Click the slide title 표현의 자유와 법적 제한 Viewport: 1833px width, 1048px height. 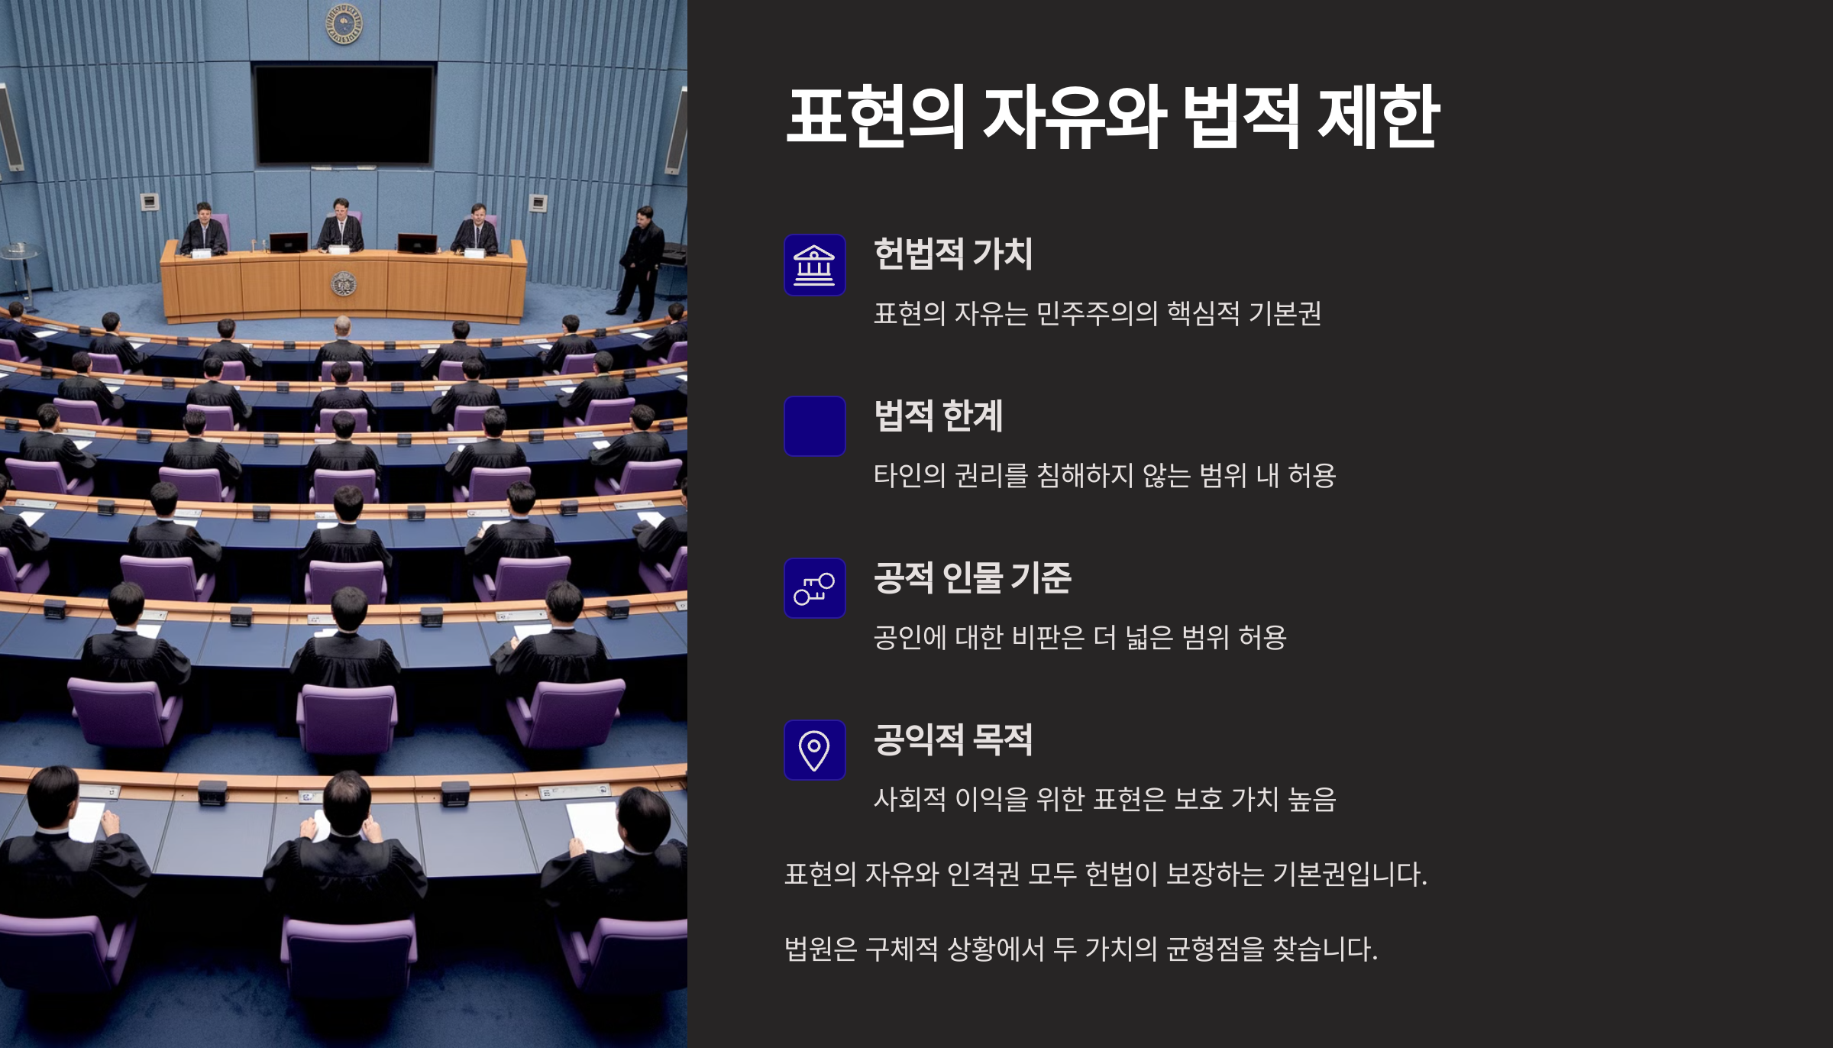1113,117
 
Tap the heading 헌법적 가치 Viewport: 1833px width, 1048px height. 953,254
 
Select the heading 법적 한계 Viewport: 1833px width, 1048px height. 938,416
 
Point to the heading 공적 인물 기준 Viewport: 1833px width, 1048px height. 972,577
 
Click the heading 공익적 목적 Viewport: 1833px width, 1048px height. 953,739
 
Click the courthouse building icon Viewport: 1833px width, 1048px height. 814,264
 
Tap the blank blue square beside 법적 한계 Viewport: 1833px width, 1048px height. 814,426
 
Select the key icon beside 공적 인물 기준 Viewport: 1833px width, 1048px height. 814,588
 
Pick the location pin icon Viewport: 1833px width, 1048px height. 814,750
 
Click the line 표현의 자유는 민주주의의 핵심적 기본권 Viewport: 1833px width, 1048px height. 1098,313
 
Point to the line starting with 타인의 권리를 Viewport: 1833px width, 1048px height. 1104,475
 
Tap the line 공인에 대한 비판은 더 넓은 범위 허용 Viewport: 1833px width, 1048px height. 1080,637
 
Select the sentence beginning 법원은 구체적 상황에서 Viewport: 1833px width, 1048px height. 1081,949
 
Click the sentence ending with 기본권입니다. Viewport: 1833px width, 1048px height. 1106,874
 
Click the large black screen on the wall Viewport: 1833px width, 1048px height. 344,115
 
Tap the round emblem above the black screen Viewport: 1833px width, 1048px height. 344,24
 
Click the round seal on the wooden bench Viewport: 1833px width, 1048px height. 343,284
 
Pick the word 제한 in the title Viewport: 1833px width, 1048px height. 1379,117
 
